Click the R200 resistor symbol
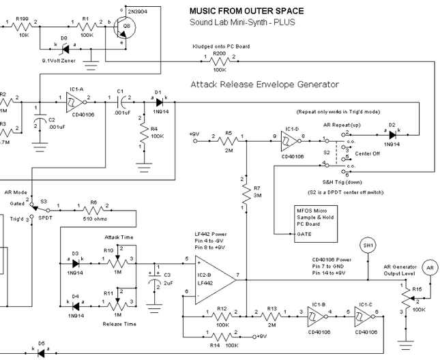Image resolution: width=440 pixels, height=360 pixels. [x=220, y=60]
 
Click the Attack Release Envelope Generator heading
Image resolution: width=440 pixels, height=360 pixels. [x=266, y=85]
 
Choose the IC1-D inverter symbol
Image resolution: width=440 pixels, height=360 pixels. [x=289, y=141]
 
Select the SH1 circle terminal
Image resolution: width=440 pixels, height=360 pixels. [x=368, y=245]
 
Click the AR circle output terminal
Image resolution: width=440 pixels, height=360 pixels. [x=428, y=267]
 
